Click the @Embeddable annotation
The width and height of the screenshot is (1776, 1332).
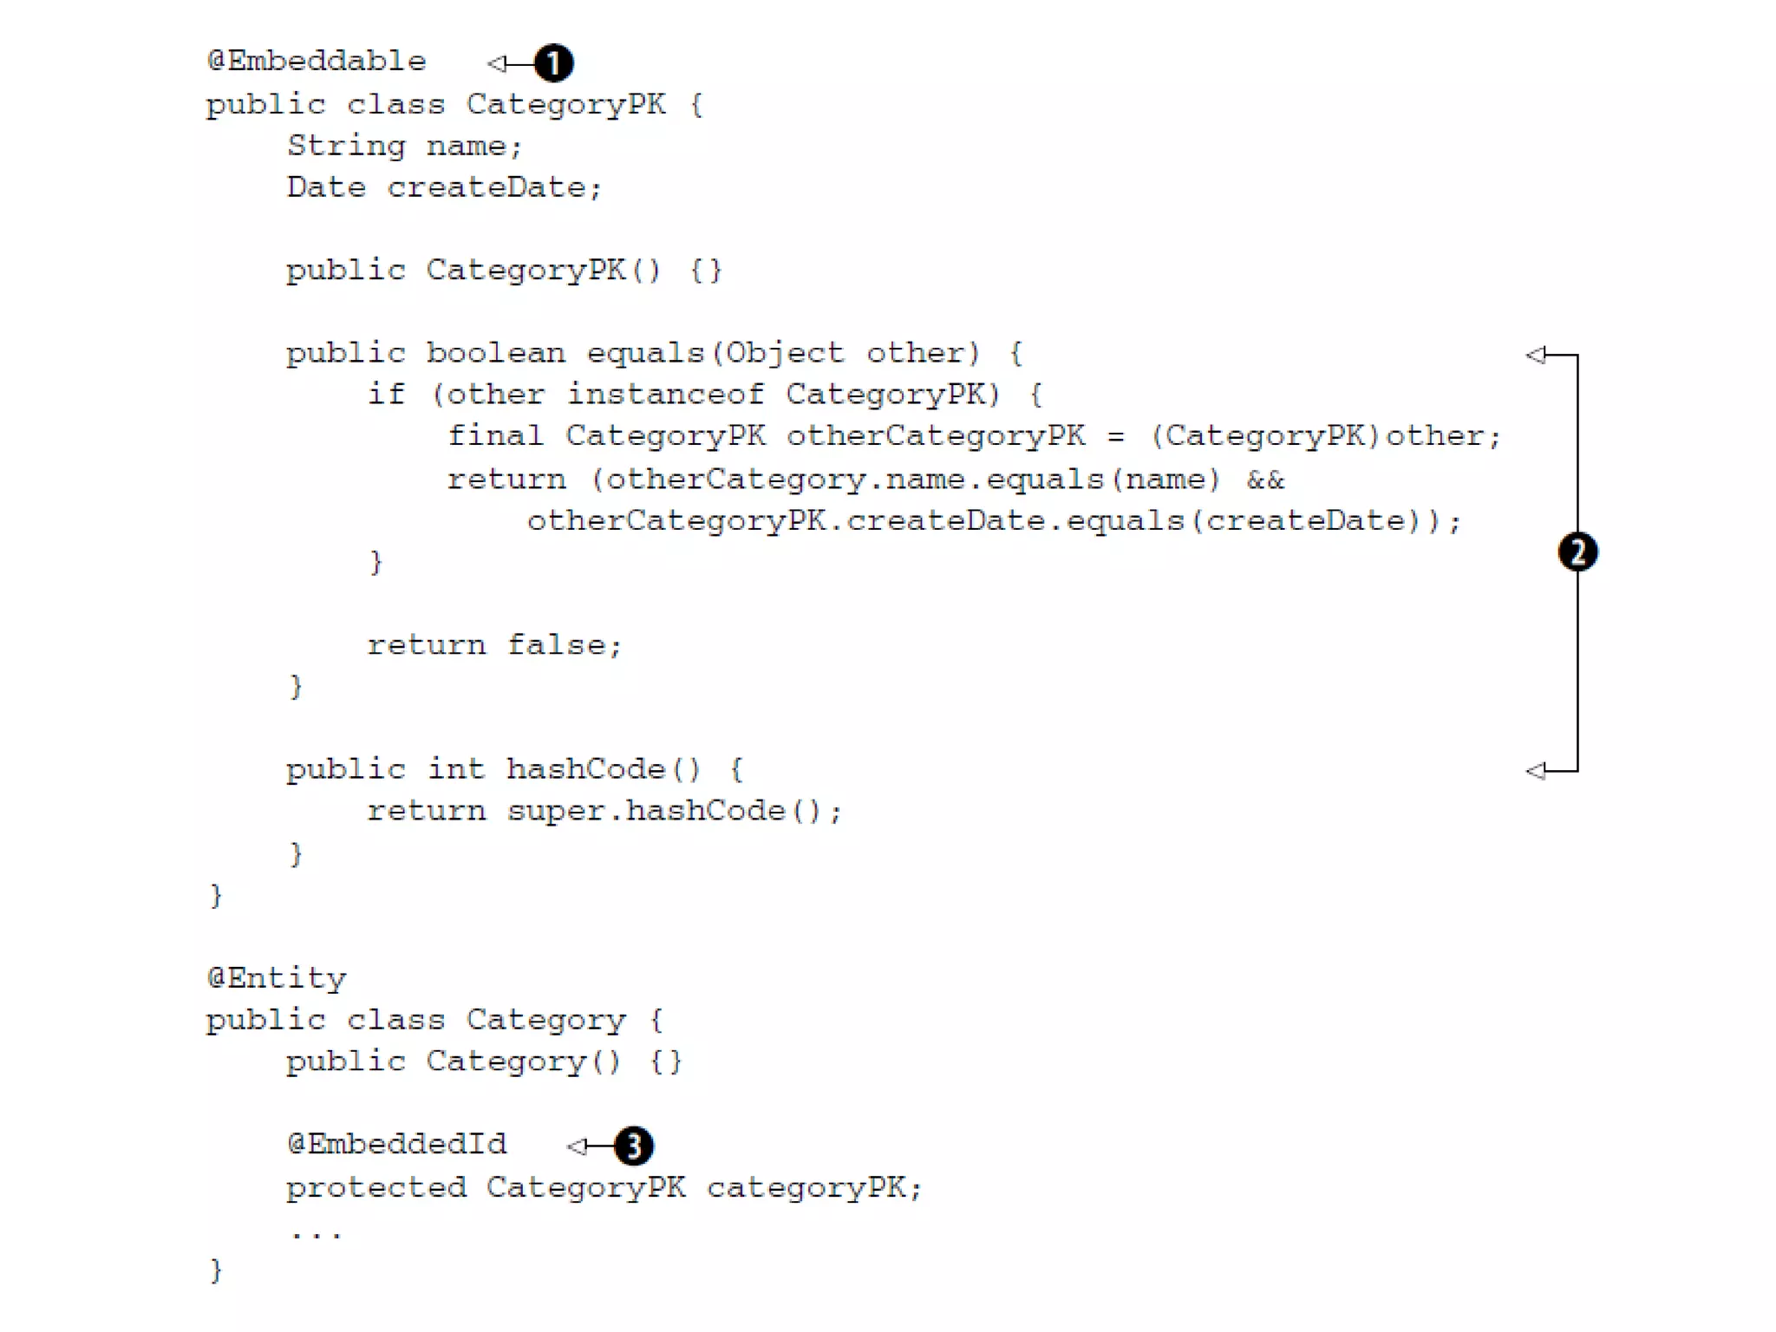coord(317,62)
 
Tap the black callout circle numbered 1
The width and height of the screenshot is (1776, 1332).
coord(553,63)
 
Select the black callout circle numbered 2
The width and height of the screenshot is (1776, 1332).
coord(1577,552)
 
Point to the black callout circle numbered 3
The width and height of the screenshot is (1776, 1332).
coord(634,1146)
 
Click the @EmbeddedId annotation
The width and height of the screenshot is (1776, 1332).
coord(397,1145)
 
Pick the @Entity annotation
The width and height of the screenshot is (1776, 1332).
coord(277,979)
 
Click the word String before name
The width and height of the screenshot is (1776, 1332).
coord(346,146)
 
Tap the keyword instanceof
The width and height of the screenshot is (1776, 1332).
coord(665,395)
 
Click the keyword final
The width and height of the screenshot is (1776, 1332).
coord(494,435)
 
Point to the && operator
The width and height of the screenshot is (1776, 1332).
coord(1265,480)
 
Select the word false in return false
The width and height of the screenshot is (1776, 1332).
coord(564,645)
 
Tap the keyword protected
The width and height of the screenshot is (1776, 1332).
coord(376,1187)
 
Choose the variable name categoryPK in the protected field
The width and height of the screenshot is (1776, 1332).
coord(813,1187)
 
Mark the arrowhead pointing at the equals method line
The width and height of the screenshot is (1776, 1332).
coord(1536,355)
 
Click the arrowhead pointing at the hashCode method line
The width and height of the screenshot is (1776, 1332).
coord(1536,770)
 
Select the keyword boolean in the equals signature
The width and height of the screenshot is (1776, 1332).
coord(495,353)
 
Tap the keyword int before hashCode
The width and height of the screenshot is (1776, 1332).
coord(455,769)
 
